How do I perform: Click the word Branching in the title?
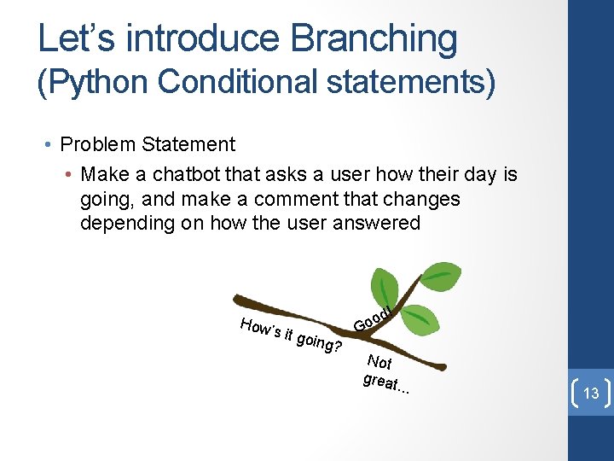(x=374, y=39)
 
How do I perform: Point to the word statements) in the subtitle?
(x=411, y=82)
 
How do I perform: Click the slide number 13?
(x=591, y=393)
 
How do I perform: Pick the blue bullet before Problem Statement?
(x=48, y=144)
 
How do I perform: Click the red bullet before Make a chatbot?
(x=68, y=174)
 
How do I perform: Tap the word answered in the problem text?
(x=376, y=223)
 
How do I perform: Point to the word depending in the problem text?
(x=127, y=224)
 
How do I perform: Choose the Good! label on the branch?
(x=373, y=319)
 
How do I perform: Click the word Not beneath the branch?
(x=379, y=362)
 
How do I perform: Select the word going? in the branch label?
(x=319, y=342)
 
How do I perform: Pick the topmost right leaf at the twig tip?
(x=441, y=277)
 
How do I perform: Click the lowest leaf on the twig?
(x=420, y=320)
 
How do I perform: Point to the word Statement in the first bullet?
(x=188, y=144)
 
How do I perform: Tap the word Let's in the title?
(x=77, y=38)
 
